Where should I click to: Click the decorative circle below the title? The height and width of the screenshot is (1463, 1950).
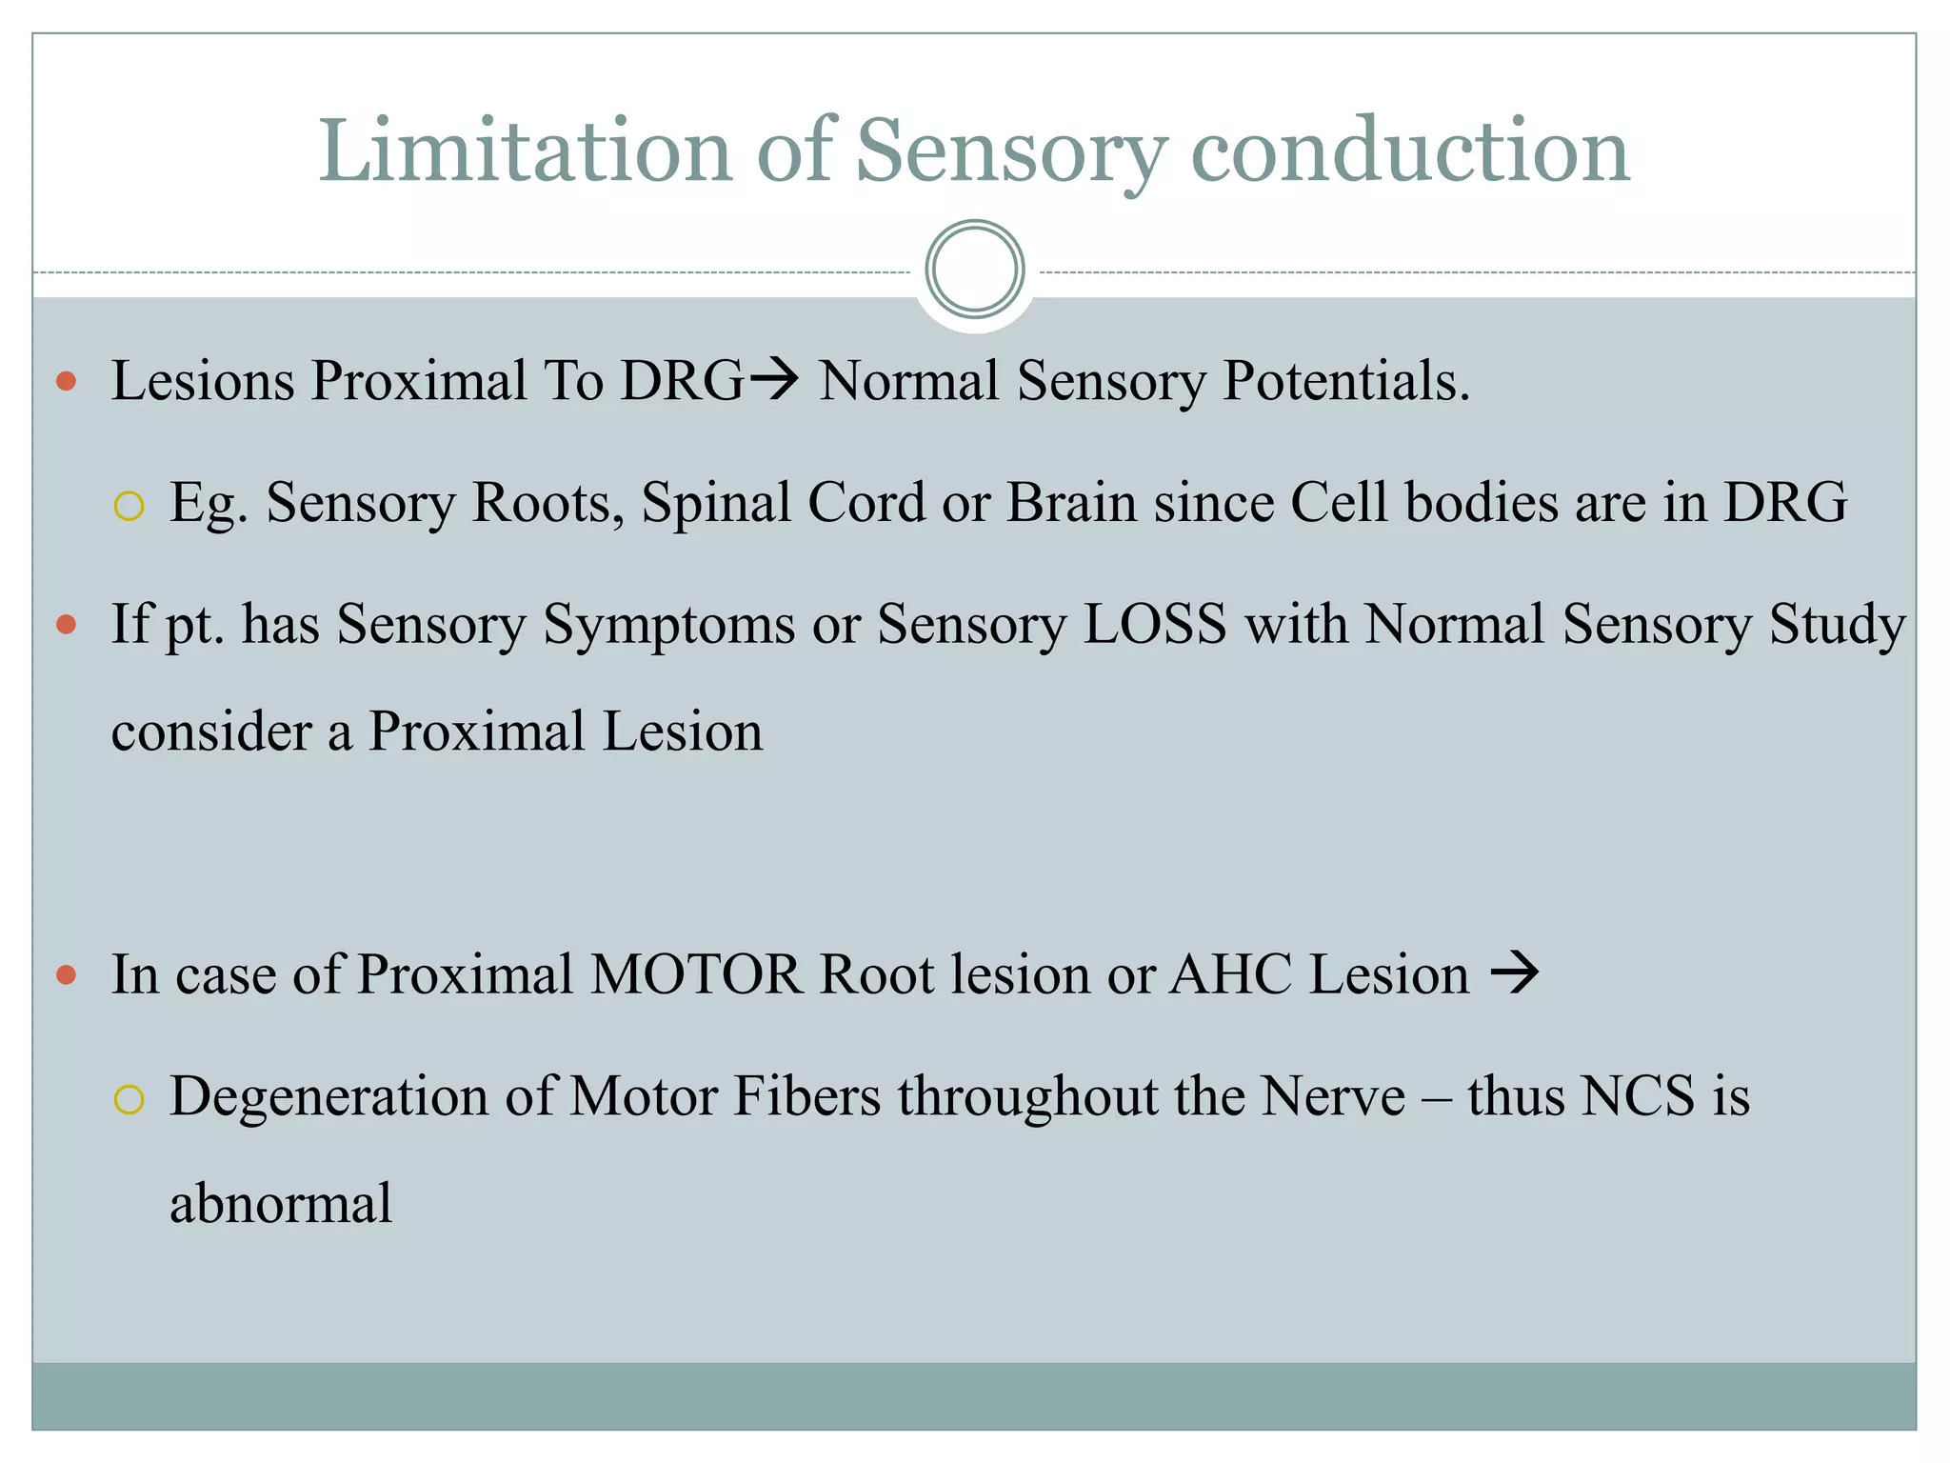(974, 270)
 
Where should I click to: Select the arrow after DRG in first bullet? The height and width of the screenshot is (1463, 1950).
(773, 381)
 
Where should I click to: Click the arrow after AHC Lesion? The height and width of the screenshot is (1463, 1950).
(1515, 974)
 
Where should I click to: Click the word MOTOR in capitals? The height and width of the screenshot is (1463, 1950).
(695, 975)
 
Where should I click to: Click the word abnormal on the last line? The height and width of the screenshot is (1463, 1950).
(281, 1204)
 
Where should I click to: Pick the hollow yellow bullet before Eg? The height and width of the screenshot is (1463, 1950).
(129, 506)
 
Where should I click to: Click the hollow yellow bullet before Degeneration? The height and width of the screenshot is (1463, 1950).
(129, 1100)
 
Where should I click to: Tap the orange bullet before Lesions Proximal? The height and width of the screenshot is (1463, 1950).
(66, 382)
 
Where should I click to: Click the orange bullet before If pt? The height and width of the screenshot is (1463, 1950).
(66, 626)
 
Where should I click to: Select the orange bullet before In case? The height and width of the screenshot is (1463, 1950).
(66, 975)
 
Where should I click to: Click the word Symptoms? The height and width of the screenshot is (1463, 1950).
(668, 626)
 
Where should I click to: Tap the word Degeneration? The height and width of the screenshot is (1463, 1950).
(328, 1096)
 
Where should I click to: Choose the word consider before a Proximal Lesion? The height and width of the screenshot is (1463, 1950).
(211, 731)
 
